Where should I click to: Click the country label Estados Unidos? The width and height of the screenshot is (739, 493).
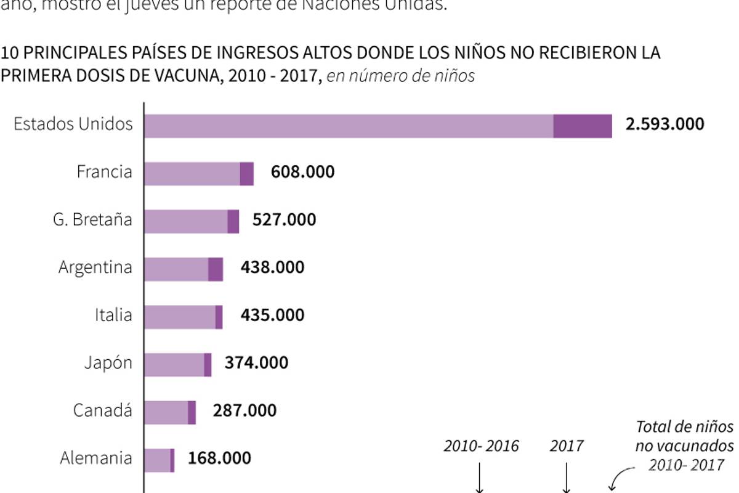(x=73, y=124)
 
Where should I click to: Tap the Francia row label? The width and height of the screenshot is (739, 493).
(x=104, y=171)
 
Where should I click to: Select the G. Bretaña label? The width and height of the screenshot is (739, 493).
(x=92, y=219)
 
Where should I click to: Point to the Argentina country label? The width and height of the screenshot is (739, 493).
(x=95, y=267)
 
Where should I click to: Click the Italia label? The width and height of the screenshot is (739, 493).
(x=113, y=315)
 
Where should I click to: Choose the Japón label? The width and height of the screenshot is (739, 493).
(x=108, y=363)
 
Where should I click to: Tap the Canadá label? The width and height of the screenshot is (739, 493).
(x=102, y=410)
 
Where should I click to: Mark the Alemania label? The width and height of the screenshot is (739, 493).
(x=96, y=458)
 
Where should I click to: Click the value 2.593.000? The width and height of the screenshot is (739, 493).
(x=664, y=124)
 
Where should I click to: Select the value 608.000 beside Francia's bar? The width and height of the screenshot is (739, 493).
(x=302, y=171)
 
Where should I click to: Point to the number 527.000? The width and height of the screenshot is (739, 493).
(x=284, y=219)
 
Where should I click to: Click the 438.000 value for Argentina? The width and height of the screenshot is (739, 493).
(x=272, y=267)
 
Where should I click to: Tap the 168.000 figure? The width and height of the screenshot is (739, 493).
(x=219, y=458)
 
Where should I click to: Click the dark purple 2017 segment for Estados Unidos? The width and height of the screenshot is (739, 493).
(x=582, y=126)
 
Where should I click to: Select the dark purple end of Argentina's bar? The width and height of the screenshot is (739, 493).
(x=215, y=269)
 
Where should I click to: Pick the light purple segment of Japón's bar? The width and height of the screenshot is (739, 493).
(x=174, y=365)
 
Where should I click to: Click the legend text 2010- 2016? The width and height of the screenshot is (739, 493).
(x=481, y=446)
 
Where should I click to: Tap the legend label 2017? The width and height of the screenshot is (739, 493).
(x=566, y=446)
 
